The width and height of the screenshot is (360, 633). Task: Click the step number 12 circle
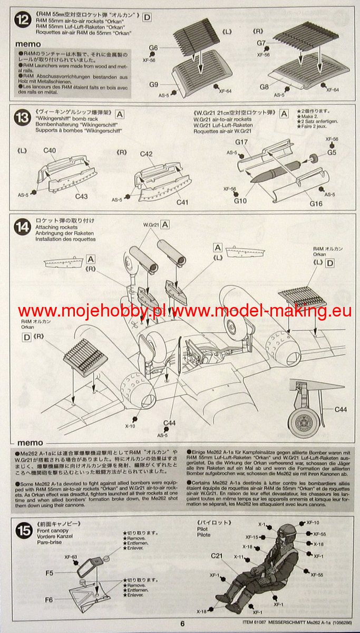[x=23, y=22]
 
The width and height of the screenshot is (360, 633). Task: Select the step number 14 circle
[x=23, y=227]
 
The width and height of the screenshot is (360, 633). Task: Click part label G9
[x=153, y=84]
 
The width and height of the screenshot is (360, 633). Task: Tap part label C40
[x=50, y=151]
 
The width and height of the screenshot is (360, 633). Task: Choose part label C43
[x=81, y=196]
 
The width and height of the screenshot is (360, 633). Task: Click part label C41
[x=182, y=202]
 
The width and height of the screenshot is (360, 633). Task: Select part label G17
[x=241, y=142]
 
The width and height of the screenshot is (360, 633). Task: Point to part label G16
[x=316, y=204]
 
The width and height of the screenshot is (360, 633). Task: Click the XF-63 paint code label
[x=71, y=557]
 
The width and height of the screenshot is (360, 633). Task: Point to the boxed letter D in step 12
[x=147, y=17]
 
